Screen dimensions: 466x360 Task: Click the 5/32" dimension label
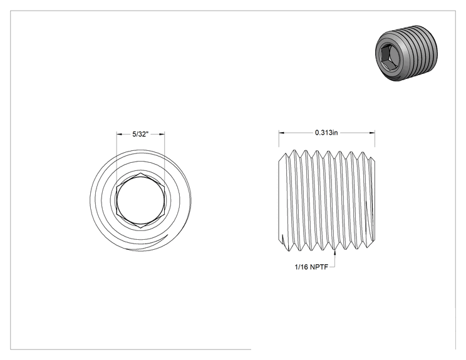coord(140,134)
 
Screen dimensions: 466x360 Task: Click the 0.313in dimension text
coord(326,133)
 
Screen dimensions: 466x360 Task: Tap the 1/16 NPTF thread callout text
coord(311,267)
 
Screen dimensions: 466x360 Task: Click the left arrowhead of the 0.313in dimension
coord(281,133)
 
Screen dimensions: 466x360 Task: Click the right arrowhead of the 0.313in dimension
coord(372,133)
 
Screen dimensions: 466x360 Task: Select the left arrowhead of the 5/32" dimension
coord(119,134)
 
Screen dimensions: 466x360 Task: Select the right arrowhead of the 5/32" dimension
coord(162,134)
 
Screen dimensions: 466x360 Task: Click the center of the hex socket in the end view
coord(140,200)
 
